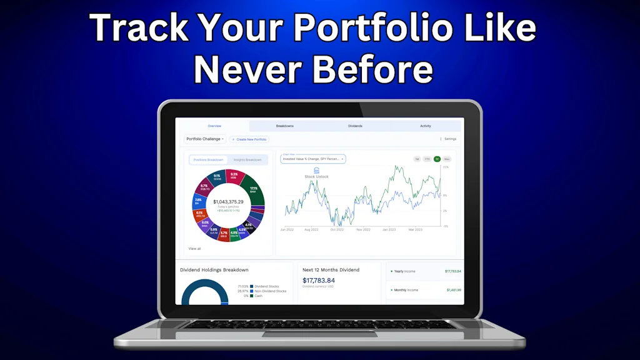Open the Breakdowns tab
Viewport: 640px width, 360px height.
point(284,126)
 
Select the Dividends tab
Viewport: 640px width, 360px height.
point(355,126)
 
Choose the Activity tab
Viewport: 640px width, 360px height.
point(425,126)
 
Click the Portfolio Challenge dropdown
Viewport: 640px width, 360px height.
point(205,139)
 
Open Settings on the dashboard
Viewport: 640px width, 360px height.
point(449,139)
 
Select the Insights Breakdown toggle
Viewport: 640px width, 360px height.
point(247,160)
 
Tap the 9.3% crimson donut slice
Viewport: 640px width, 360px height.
point(233,177)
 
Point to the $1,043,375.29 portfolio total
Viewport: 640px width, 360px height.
point(228,202)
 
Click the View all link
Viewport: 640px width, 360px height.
point(195,249)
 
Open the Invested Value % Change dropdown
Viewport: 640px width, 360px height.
point(312,159)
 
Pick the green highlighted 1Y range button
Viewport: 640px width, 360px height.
point(437,159)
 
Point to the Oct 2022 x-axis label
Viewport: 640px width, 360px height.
point(337,229)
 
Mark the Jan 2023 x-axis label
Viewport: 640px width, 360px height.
point(389,229)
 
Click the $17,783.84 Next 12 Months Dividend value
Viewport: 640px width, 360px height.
point(319,281)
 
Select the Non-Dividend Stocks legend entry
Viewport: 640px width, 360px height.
point(270,291)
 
